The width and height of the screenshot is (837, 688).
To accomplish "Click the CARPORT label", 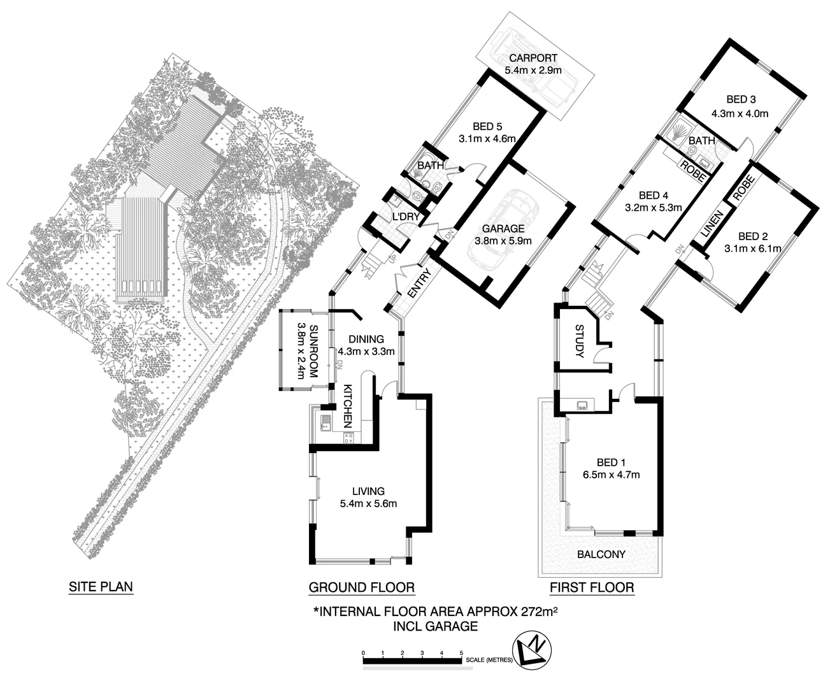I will (x=533, y=58).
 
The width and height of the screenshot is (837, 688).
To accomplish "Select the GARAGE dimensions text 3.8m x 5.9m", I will (x=503, y=241).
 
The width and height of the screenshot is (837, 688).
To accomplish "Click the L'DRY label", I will (x=406, y=217).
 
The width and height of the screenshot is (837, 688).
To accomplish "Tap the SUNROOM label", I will (x=313, y=352).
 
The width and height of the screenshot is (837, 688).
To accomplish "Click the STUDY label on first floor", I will (x=579, y=341).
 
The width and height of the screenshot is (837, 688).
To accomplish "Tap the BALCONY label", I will (x=601, y=554).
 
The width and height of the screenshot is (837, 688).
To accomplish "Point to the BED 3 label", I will (x=741, y=99).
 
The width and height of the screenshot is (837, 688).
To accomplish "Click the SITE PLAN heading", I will (x=101, y=587).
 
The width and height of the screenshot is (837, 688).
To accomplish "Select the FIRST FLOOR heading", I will (x=592, y=587).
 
